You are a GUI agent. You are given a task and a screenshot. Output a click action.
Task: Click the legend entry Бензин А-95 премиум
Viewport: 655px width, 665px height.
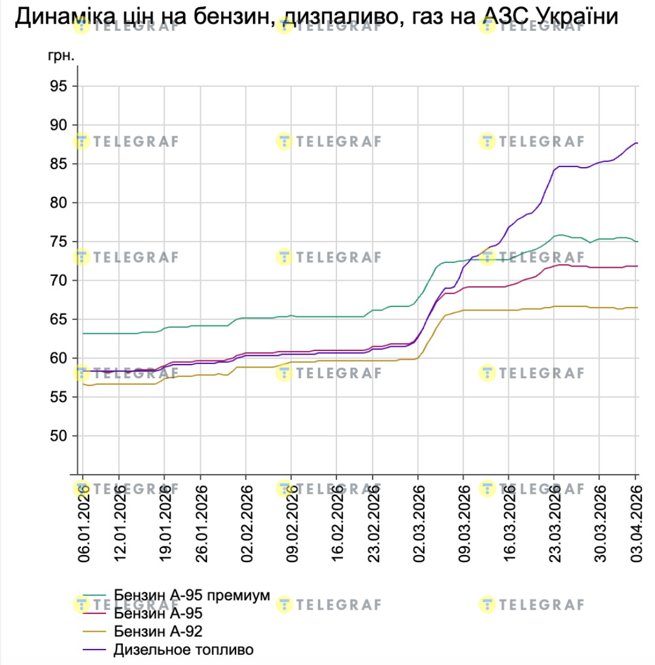click(x=191, y=595)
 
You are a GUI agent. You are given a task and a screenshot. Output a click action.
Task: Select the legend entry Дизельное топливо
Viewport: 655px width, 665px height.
click(x=183, y=649)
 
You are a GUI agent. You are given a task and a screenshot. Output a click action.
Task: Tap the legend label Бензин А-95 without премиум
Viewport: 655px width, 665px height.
click(x=158, y=613)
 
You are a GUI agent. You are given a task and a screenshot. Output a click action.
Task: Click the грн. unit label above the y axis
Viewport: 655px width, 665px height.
click(x=61, y=57)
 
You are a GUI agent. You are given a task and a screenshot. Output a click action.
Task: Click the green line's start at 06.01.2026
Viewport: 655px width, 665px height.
click(x=83, y=334)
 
